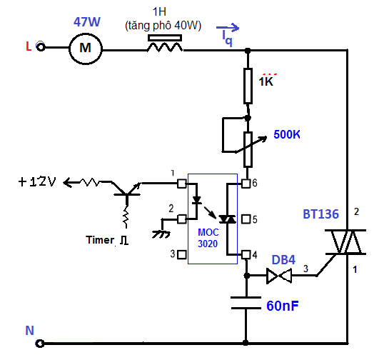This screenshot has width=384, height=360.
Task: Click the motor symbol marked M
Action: pyautogui.click(x=86, y=49)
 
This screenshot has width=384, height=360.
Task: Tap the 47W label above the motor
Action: pyautogui.click(x=87, y=22)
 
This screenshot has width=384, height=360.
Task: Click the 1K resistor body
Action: pyautogui.click(x=248, y=86)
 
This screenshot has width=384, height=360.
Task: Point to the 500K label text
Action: pyautogui.click(x=287, y=134)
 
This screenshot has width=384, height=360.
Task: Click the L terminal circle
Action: pyautogui.click(x=41, y=46)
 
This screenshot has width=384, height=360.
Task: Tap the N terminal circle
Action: pyautogui.click(x=40, y=344)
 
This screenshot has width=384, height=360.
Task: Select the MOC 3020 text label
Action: pyautogui.click(x=208, y=238)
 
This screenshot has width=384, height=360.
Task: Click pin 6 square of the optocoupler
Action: pyautogui.click(x=246, y=184)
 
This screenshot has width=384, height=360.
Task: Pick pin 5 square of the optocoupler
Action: pyautogui.click(x=246, y=219)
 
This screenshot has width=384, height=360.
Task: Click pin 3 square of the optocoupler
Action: pyautogui.click(x=182, y=254)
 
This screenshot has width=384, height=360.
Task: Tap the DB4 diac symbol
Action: pyautogui.click(x=279, y=276)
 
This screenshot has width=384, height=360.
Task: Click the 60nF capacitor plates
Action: pyautogui.click(x=246, y=303)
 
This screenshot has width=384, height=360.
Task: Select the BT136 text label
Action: pyautogui.click(x=320, y=214)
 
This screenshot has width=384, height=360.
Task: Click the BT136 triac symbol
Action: pyautogui.click(x=345, y=242)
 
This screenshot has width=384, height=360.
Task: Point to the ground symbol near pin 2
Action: pyautogui.click(x=161, y=234)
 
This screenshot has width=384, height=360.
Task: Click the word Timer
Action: pyautogui.click(x=100, y=240)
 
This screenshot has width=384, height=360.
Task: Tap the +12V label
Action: pyautogui.click(x=37, y=182)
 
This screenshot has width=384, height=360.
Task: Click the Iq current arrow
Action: pyautogui.click(x=228, y=28)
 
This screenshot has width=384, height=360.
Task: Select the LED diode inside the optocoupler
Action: pyautogui.click(x=197, y=200)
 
